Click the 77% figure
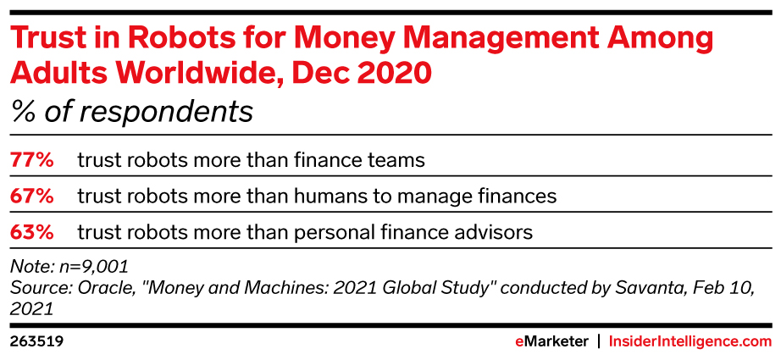tap(32, 160)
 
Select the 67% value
tap(32, 197)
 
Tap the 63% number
tap(32, 233)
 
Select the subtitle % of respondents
tap(131, 112)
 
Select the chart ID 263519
tap(36, 342)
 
